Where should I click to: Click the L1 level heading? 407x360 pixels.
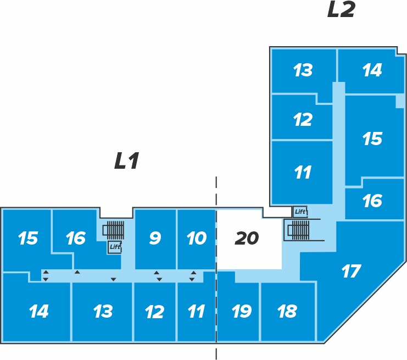coord(127,161)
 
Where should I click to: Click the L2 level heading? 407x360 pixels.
coord(341,9)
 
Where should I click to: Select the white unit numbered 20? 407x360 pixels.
coord(249,239)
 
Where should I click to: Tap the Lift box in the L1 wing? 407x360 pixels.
coord(115,247)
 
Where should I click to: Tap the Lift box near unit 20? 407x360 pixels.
coord(300,212)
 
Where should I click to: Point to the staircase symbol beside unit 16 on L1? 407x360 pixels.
coord(114,230)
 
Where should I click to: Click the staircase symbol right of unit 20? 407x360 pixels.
coord(298,230)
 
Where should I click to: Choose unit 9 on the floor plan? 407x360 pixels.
coord(155,239)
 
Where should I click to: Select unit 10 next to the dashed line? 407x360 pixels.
coord(197,239)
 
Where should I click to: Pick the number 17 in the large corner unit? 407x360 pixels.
coord(351,271)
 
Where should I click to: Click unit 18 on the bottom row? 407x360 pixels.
coord(288,312)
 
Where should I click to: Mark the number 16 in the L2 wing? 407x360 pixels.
coord(372,201)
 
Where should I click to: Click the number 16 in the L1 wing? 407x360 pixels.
coord(76,238)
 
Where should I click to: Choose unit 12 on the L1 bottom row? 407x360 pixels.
coord(155,312)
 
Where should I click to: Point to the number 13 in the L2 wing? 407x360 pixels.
coord(303,70)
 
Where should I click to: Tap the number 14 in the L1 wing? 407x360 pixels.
coord(38,311)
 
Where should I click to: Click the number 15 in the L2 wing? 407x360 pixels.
coord(372,139)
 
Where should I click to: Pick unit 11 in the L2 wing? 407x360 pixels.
coord(302,173)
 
